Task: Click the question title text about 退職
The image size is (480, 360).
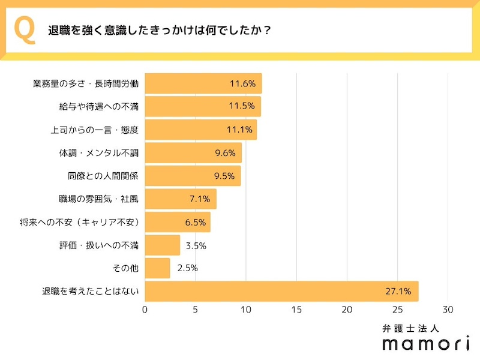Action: tap(159, 31)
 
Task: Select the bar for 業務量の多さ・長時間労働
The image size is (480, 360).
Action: tap(203, 83)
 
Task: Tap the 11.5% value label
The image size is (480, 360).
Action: tap(242, 107)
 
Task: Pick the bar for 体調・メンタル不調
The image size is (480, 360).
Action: tap(193, 153)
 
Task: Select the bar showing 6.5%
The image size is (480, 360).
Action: tap(177, 222)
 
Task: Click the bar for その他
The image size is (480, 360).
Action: tap(157, 268)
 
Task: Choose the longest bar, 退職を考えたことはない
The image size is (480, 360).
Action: tap(281, 292)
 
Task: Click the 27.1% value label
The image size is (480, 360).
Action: tap(398, 292)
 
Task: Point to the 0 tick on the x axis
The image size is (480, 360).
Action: tap(145, 310)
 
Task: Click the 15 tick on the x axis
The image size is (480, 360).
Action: tap(296, 310)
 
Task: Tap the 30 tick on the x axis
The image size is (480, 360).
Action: tap(448, 310)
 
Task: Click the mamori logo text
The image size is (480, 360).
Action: tap(426, 344)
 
